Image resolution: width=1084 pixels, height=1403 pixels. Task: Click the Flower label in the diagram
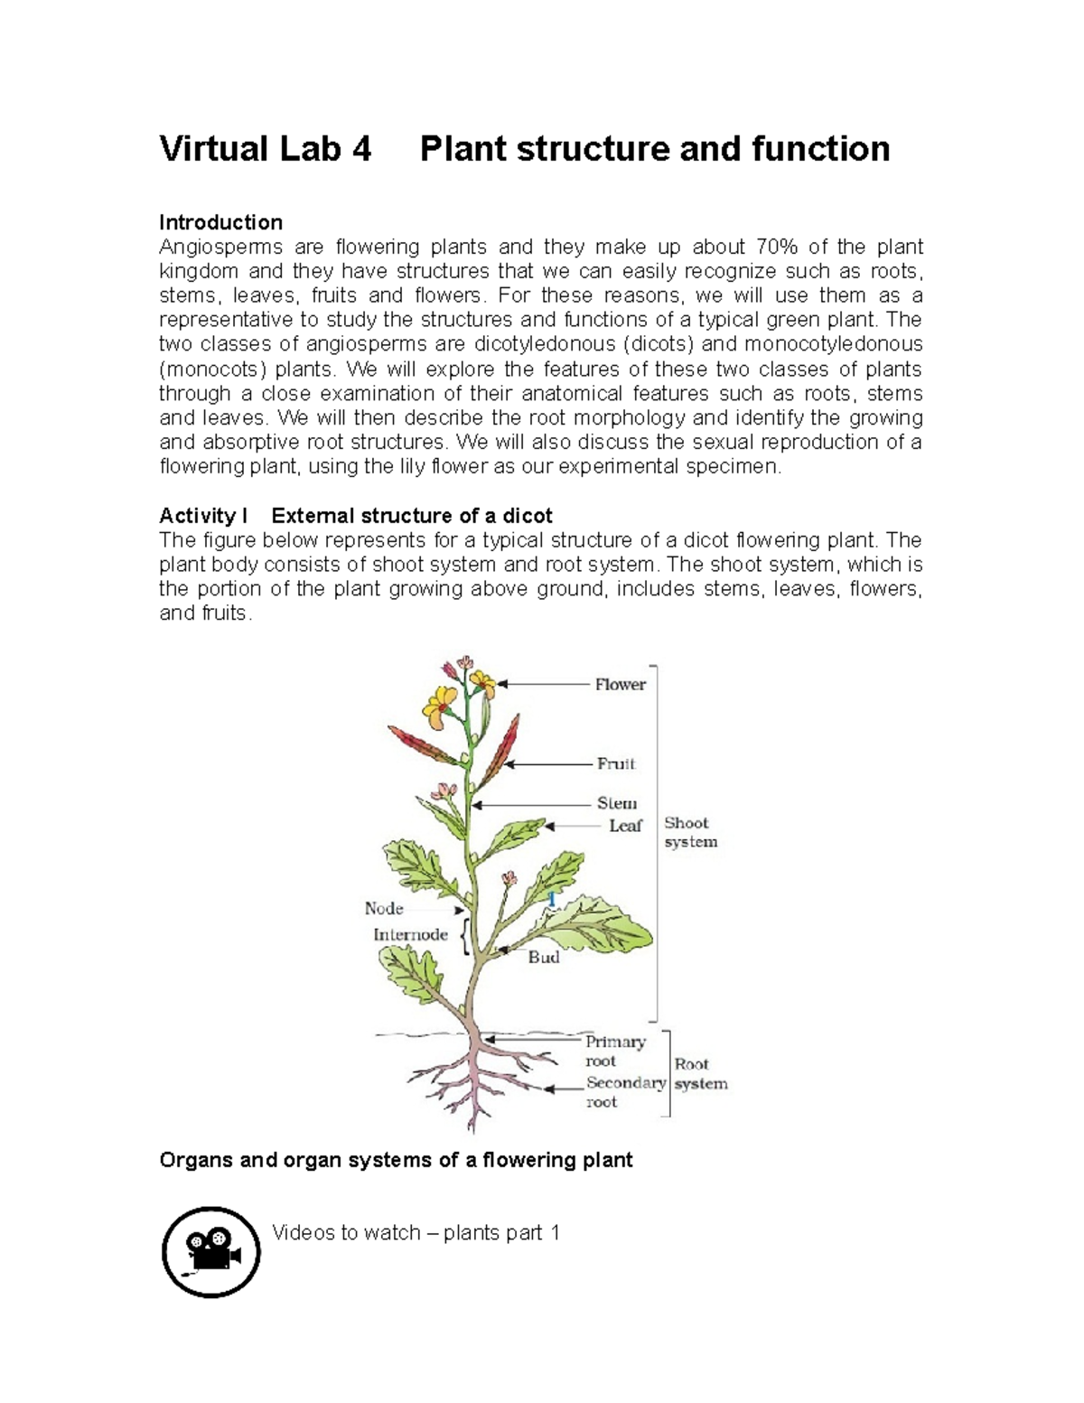pos(620,685)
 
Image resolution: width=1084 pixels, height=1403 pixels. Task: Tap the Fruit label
pos(616,764)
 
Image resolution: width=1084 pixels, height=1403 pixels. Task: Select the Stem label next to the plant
pos(616,803)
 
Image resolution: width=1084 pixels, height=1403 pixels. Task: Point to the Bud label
pos(544,958)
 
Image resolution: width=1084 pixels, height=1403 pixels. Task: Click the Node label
pos(384,909)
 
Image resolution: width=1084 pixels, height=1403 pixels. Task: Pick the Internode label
pos(410,935)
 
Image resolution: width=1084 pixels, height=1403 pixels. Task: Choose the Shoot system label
pos(690,833)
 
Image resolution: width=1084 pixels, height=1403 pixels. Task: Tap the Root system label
pos(700,1074)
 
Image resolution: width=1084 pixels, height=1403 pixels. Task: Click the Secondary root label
pos(625,1092)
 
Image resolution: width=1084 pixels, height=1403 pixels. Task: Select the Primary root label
pos(614,1052)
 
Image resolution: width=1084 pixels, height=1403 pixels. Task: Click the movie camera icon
pos(211,1252)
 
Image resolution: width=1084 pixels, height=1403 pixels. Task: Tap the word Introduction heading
pos(220,222)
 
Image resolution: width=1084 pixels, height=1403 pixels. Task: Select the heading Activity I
pos(203,516)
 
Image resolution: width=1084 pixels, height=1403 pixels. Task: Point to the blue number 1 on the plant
pos(552,899)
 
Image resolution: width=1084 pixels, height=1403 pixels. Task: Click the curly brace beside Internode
pos(463,937)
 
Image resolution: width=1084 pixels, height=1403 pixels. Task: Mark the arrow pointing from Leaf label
pos(573,826)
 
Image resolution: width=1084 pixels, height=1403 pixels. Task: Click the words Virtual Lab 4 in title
pos(265,149)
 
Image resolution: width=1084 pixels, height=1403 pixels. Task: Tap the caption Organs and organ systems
pos(396,1160)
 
